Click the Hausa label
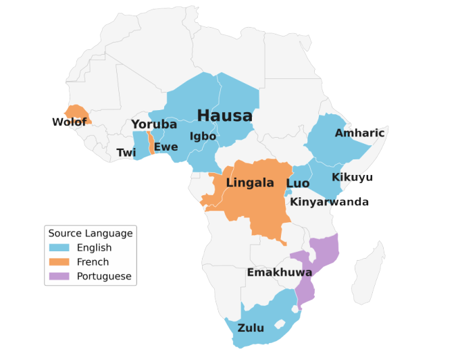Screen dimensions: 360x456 tap(225, 115)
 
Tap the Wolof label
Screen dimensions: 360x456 tap(70, 122)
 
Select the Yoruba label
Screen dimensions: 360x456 tap(154, 124)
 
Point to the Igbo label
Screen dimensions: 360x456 tap(203, 136)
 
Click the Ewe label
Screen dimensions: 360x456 tap(166, 147)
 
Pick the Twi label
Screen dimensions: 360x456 tap(126, 153)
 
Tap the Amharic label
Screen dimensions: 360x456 tap(359, 133)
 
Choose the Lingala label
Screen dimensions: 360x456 tap(250, 183)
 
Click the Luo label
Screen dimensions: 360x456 tap(298, 184)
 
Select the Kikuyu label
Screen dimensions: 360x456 tap(352, 178)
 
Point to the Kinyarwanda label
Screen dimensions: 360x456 tap(330, 202)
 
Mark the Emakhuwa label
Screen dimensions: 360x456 tap(279, 273)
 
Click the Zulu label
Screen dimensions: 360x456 tap(251, 328)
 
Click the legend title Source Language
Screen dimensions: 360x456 tap(91, 234)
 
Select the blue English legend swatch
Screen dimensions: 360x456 tap(59, 248)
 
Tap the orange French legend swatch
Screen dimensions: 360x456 tap(59, 262)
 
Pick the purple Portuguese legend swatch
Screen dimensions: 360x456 tap(59, 276)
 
